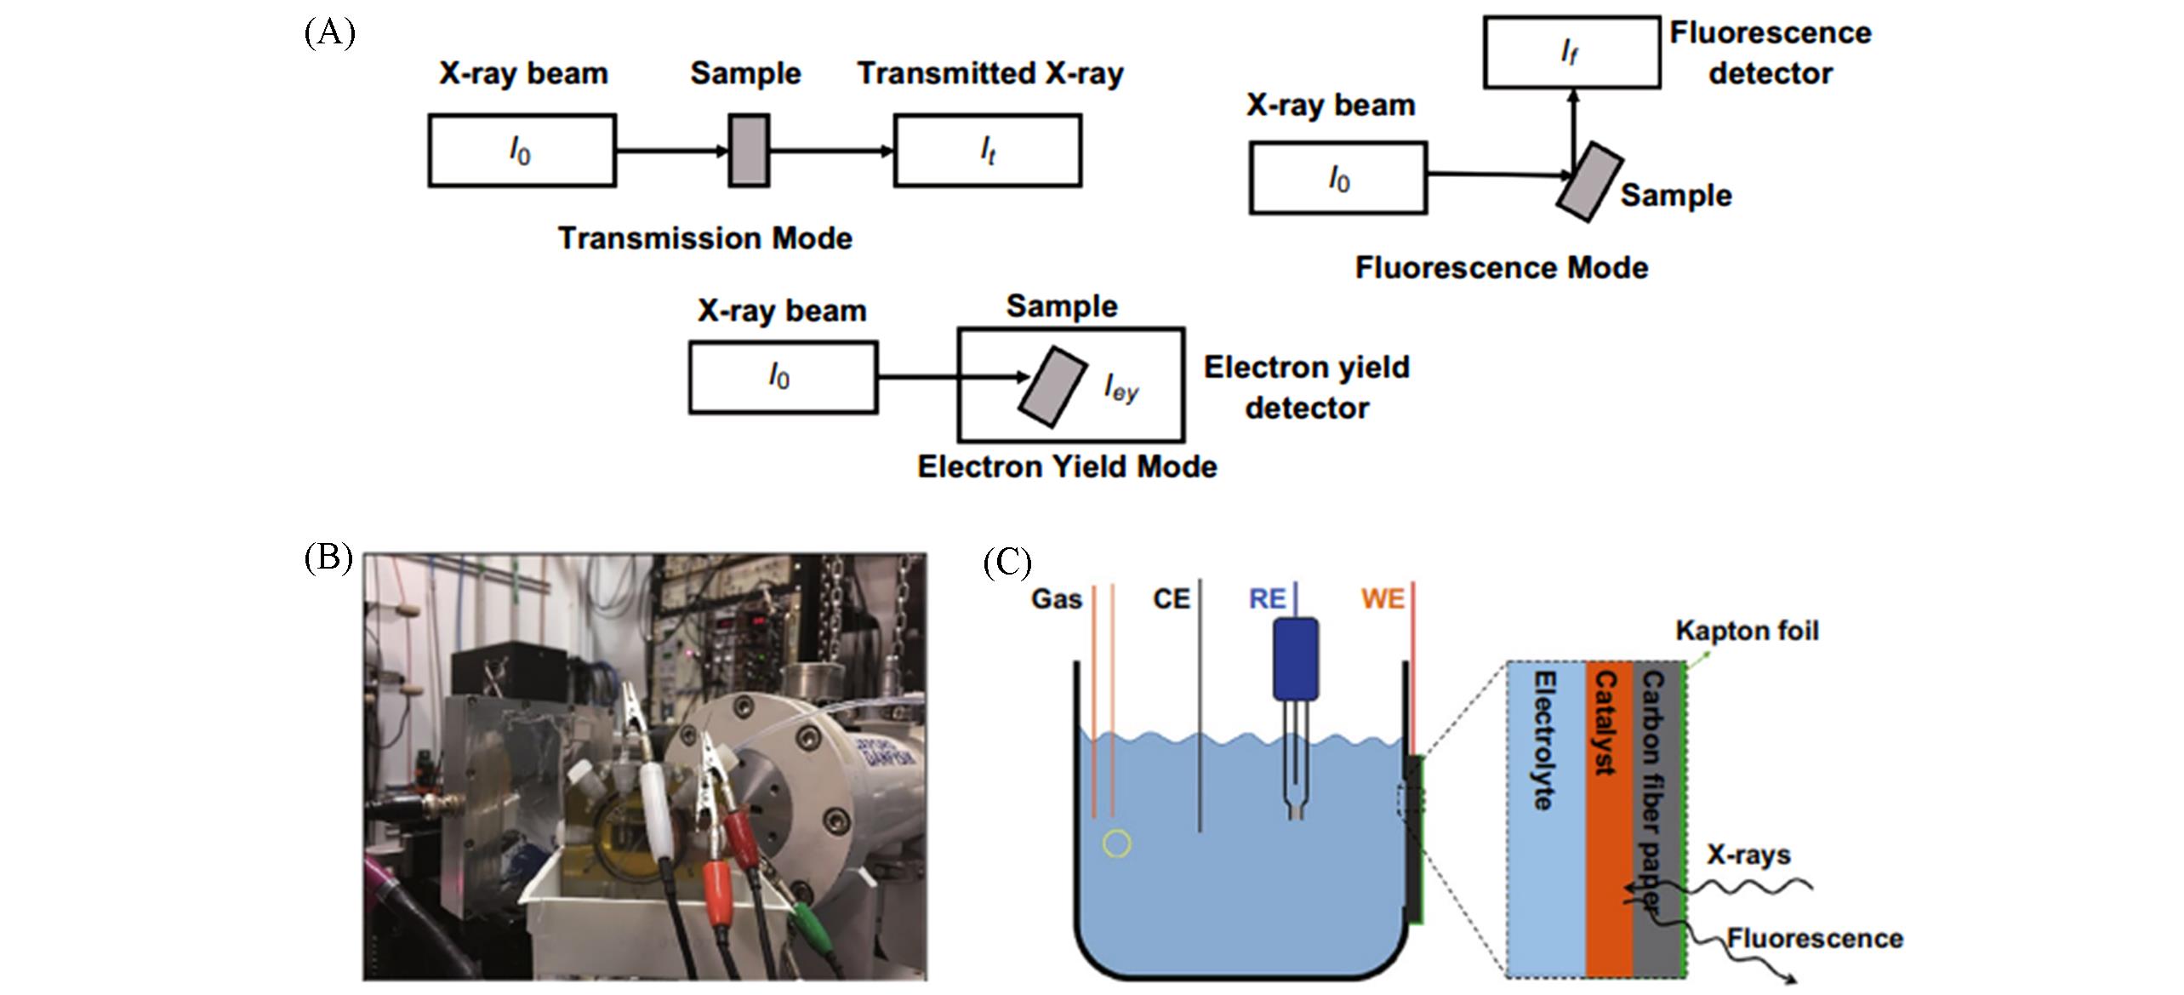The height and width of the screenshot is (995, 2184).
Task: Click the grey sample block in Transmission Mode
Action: point(749,151)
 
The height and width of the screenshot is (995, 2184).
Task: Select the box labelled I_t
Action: point(987,151)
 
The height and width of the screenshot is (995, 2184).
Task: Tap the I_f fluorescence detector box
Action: point(1571,52)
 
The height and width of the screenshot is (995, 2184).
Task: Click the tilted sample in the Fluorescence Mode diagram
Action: point(1589,182)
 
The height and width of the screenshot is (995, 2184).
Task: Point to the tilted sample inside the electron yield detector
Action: point(1052,386)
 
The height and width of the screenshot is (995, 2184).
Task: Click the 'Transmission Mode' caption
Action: point(704,238)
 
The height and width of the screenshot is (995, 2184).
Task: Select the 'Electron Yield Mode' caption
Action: point(1067,466)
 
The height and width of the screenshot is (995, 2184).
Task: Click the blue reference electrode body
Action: point(1295,658)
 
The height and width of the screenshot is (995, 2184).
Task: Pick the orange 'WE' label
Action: point(1382,599)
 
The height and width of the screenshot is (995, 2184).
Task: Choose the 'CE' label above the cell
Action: point(1171,599)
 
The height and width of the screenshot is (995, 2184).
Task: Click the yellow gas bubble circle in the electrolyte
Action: point(1116,843)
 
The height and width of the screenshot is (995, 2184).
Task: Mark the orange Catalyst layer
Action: point(1609,817)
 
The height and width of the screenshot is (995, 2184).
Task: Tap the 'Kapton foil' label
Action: point(1747,631)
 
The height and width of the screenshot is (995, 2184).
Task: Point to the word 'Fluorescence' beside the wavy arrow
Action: point(1814,939)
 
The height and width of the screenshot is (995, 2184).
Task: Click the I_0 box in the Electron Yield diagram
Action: point(782,377)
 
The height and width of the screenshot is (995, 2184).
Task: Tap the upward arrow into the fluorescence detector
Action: point(1573,128)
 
